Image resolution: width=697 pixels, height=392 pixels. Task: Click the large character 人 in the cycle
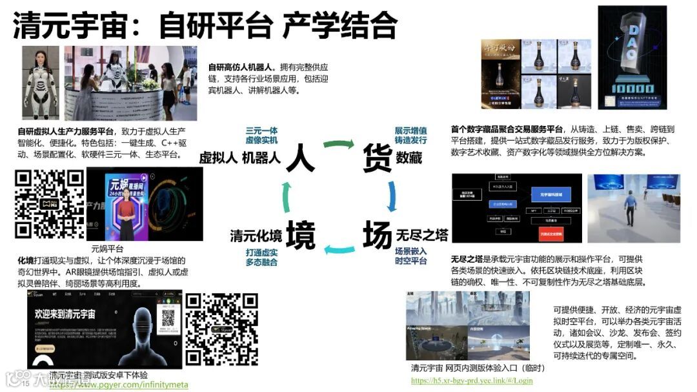click(x=300, y=157)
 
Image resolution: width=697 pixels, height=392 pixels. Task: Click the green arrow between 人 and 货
click(x=338, y=143)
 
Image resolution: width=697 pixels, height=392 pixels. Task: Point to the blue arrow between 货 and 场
click(x=391, y=196)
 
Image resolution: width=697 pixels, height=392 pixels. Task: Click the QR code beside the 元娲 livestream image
click(x=50, y=204)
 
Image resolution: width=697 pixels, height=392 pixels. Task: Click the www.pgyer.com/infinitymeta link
click(x=119, y=385)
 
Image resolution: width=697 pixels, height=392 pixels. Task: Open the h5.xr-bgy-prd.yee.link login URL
click(x=472, y=380)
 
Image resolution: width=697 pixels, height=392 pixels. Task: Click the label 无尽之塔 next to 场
click(x=422, y=234)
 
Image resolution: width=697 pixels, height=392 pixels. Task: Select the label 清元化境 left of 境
click(x=256, y=236)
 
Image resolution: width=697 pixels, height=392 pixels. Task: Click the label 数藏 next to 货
click(x=409, y=157)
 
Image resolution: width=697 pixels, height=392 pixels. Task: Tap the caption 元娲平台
click(x=108, y=248)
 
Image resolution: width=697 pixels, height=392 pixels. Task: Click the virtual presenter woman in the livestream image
click(x=126, y=214)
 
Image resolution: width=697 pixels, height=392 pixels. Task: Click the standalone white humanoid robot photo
click(x=41, y=83)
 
